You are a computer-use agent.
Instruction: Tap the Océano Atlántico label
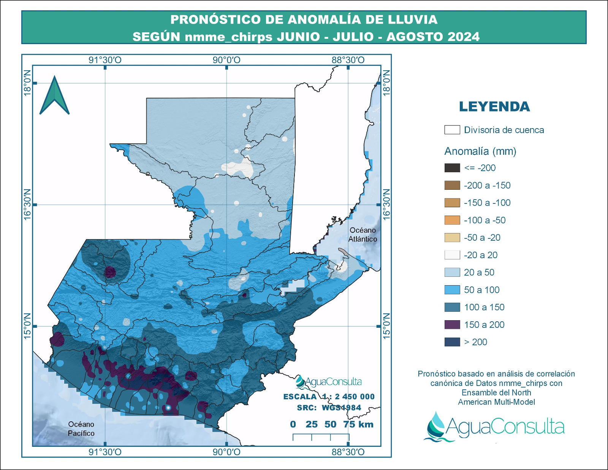(x=363, y=235)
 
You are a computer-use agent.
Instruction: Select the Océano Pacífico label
(x=81, y=429)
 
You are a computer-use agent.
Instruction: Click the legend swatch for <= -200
(x=452, y=168)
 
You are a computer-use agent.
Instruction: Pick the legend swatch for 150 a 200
(x=452, y=325)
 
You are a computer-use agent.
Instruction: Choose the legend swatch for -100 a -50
(x=452, y=220)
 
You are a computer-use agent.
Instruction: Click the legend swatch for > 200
(x=452, y=342)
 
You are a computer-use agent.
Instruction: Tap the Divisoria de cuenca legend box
(x=452, y=130)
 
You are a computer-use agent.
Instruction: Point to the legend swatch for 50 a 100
(x=452, y=290)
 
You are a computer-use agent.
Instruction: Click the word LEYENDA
(x=494, y=107)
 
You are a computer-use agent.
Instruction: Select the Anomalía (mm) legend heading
(x=480, y=151)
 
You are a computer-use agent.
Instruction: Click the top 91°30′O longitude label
(x=105, y=60)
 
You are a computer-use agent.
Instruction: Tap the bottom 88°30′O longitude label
(x=348, y=452)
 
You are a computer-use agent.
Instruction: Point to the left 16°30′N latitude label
(x=27, y=204)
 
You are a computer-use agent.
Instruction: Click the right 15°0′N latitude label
(x=386, y=326)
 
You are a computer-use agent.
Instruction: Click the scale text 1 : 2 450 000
(x=348, y=397)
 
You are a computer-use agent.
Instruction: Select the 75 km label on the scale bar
(x=358, y=424)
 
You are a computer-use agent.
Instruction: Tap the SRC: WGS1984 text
(x=329, y=408)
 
